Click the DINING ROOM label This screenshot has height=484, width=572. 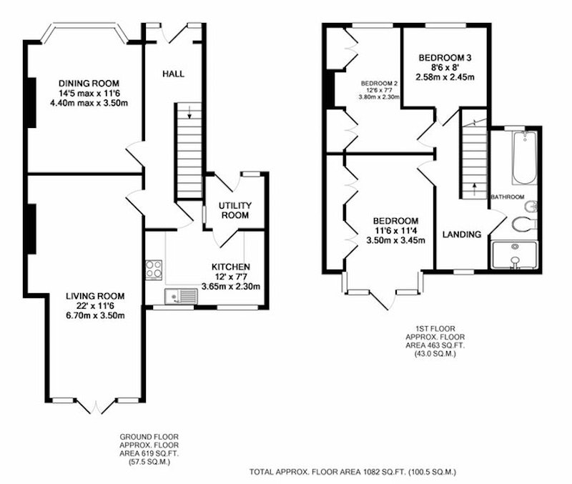89,84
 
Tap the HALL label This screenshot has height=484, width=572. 173,74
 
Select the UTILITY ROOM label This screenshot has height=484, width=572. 235,210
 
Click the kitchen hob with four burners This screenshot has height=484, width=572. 154,270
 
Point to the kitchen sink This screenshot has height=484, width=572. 181,296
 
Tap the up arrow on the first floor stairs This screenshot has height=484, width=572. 474,189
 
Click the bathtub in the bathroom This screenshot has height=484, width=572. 525,158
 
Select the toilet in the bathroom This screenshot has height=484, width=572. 524,224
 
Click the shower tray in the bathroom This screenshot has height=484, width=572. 514,255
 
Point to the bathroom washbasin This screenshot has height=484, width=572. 530,207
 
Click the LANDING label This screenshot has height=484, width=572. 461,234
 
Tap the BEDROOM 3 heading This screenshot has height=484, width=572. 445,58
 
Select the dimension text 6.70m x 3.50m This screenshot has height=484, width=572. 95,315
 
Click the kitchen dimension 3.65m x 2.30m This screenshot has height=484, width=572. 230,286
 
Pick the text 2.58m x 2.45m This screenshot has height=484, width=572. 445,77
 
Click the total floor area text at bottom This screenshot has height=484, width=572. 352,472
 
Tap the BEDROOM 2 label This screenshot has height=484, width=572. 379,83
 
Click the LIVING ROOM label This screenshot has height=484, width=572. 95,296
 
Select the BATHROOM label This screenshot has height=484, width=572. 508,197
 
